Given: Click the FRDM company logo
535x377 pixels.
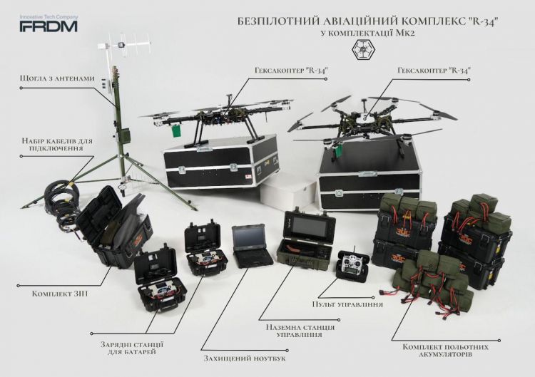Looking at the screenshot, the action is click(49, 24).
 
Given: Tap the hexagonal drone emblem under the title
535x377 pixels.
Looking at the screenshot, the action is click(363, 50).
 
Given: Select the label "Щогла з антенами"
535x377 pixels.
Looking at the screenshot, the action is click(57, 78).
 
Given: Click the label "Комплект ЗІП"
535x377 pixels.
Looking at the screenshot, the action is click(60, 294).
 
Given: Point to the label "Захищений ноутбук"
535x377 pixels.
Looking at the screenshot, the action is click(245, 358).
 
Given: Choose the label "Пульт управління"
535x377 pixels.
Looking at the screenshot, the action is click(347, 304).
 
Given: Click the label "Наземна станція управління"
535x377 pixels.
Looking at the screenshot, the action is click(300, 331).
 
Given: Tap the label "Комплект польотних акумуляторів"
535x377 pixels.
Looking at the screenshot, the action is click(445, 351).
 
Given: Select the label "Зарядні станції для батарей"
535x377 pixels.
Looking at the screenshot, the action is click(132, 348).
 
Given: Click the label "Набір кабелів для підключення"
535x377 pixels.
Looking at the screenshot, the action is click(57, 145).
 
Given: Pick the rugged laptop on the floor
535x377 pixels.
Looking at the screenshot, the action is click(252, 245).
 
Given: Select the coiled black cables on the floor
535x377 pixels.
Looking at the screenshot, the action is click(63, 201).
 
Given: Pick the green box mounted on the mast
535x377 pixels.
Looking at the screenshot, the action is click(124, 135).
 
